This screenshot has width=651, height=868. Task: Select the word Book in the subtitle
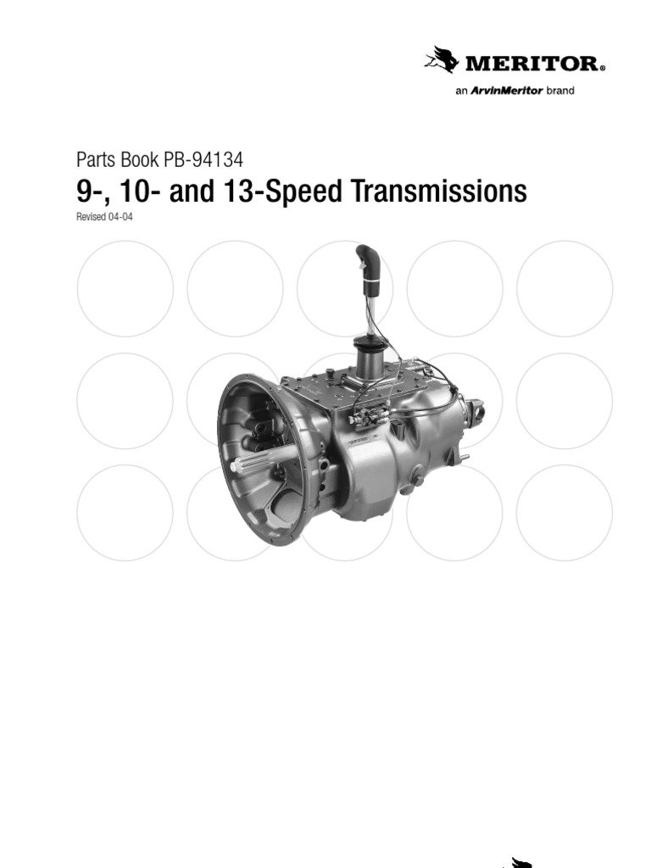(x=131, y=159)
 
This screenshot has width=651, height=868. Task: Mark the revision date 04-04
(x=120, y=217)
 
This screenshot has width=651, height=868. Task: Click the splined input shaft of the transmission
(x=259, y=460)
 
